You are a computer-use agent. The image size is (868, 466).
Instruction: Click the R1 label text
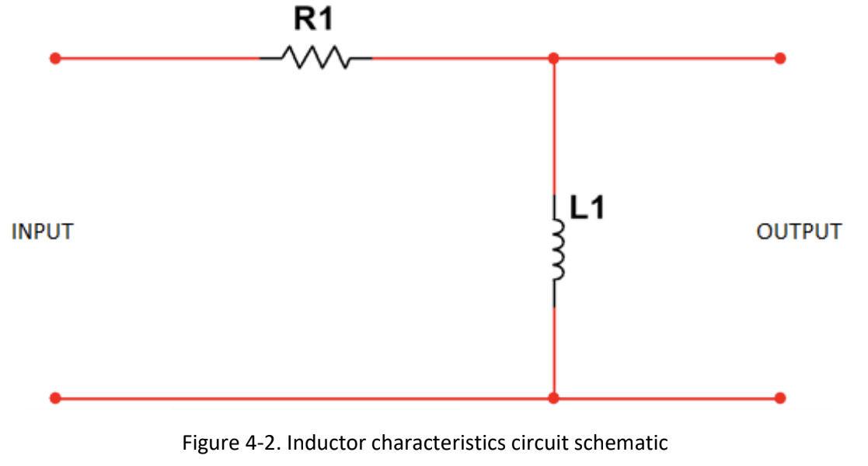pyautogui.click(x=314, y=19)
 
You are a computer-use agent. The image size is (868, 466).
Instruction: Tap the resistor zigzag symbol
pyautogui.click(x=315, y=57)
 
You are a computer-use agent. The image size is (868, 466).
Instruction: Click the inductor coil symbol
pyautogui.click(x=555, y=251)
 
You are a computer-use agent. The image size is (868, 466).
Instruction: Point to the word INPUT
pyautogui.click(x=43, y=231)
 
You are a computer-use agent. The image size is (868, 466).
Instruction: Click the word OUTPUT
pyautogui.click(x=799, y=231)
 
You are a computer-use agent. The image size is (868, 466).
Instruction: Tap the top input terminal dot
pyautogui.click(x=55, y=58)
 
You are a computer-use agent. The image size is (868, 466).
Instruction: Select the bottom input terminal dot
pyautogui.click(x=55, y=398)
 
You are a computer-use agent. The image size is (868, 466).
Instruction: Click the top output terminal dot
pyautogui.click(x=780, y=58)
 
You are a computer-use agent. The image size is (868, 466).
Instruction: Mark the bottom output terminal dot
pyautogui.click(x=780, y=398)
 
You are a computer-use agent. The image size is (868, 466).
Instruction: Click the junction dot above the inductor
pyautogui.click(x=553, y=58)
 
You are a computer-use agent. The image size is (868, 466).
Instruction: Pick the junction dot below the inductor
pyautogui.click(x=553, y=398)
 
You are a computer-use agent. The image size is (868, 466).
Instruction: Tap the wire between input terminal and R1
pyautogui.click(x=155, y=58)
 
